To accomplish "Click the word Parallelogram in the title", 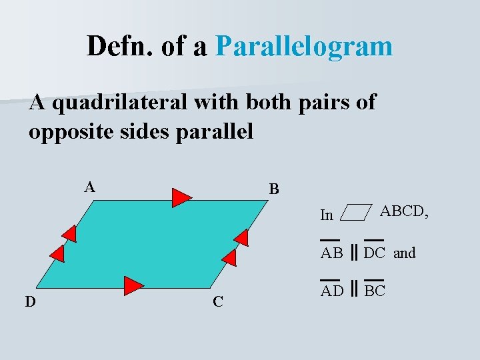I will (305, 47).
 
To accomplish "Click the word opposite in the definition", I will (73, 131).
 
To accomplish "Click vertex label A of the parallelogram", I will (90, 187).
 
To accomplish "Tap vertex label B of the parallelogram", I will (274, 189).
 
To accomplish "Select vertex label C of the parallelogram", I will (218, 301).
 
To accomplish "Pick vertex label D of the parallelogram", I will (31, 301).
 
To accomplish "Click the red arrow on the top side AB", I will (181, 198).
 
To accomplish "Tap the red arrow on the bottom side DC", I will (134, 285).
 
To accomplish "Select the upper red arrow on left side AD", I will (69, 233).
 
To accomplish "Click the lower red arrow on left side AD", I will (57, 254).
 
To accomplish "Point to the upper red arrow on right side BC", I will (241, 237).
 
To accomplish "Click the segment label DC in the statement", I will (375, 253).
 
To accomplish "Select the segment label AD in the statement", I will (332, 291).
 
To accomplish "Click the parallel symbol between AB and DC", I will (355, 253).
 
